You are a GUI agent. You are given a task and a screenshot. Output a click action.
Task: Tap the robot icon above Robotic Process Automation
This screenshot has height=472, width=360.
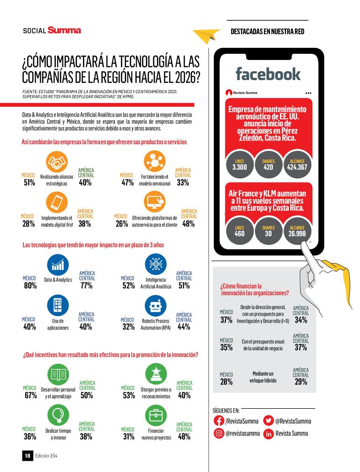click(x=155, y=307)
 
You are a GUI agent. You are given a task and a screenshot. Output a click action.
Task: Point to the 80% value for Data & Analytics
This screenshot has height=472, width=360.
click(x=30, y=286)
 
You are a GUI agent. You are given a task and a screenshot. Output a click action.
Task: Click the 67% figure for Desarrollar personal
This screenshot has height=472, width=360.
click(x=30, y=395)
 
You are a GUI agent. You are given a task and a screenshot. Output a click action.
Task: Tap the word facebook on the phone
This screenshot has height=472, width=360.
click(x=268, y=74)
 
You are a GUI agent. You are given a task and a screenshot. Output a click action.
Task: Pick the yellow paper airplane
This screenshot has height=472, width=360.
click(x=206, y=34)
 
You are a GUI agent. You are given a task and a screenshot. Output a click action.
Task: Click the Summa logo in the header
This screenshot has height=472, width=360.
click(x=64, y=30)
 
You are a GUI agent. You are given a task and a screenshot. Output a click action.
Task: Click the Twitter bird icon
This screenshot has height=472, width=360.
click(x=269, y=420)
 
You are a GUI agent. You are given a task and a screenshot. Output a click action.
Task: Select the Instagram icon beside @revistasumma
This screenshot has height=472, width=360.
click(x=219, y=434)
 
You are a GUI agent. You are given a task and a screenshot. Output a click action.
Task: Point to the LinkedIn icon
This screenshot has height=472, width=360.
click(x=269, y=434)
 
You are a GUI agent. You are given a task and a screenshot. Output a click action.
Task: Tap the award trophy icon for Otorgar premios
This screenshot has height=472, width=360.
click(x=155, y=373)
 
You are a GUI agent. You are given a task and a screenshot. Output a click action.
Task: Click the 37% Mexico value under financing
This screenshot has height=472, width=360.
click(x=226, y=320)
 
